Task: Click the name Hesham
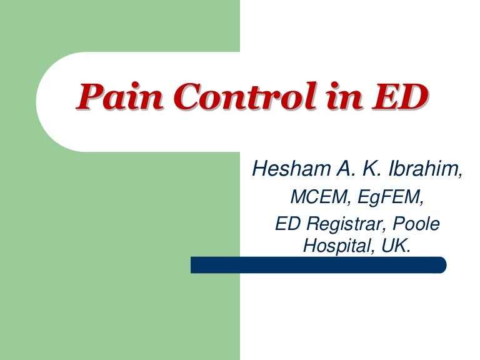(284, 169)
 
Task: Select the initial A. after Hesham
(336, 169)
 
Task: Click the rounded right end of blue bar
(441, 265)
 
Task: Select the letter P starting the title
(87, 97)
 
